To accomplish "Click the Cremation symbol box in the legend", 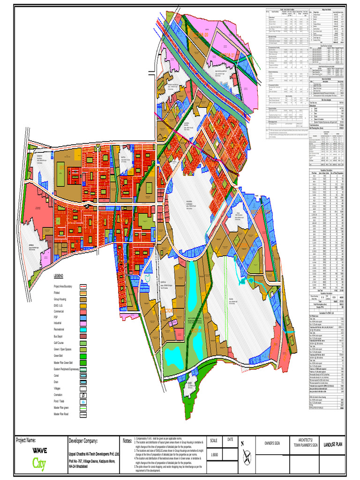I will (83, 396).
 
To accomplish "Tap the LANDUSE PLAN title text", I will (335, 443).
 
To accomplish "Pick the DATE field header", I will (230, 439).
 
